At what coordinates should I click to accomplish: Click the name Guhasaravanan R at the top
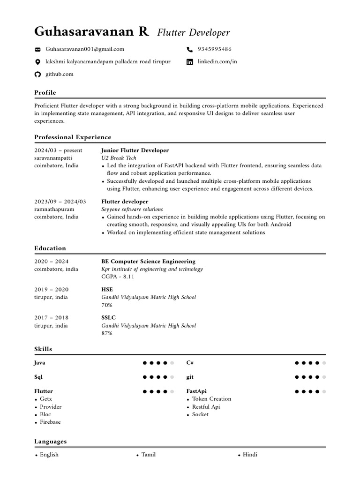pyautogui.click(x=91, y=32)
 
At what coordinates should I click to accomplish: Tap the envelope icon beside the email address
pyautogui.click(x=38, y=49)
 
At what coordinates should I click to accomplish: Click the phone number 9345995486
pyautogui.click(x=215, y=49)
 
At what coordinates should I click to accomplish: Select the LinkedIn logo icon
pyautogui.click(x=190, y=62)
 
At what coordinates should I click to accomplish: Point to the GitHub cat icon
pyautogui.click(x=38, y=75)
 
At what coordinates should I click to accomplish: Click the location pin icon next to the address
pyautogui.click(x=38, y=62)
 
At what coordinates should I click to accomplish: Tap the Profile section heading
pyautogui.click(x=45, y=93)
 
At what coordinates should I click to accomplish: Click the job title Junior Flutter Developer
pyautogui.click(x=135, y=150)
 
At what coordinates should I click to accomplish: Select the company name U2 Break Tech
pyautogui.click(x=119, y=158)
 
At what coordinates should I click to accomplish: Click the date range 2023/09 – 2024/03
pyautogui.click(x=60, y=202)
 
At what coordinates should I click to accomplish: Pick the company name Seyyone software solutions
pyautogui.click(x=132, y=209)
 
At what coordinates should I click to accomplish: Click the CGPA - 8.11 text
pyautogui.click(x=118, y=277)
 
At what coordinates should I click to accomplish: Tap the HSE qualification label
pyautogui.click(x=107, y=290)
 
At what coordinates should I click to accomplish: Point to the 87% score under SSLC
pyautogui.click(x=107, y=333)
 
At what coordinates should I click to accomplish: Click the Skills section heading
pyautogui.click(x=43, y=349)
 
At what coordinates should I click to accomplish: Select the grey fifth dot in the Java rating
pyautogui.click(x=172, y=363)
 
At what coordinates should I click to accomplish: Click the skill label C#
pyautogui.click(x=190, y=363)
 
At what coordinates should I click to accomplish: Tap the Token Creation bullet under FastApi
pyautogui.click(x=211, y=399)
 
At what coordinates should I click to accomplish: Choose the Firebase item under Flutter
pyautogui.click(x=50, y=422)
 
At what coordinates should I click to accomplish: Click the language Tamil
pyautogui.click(x=148, y=455)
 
